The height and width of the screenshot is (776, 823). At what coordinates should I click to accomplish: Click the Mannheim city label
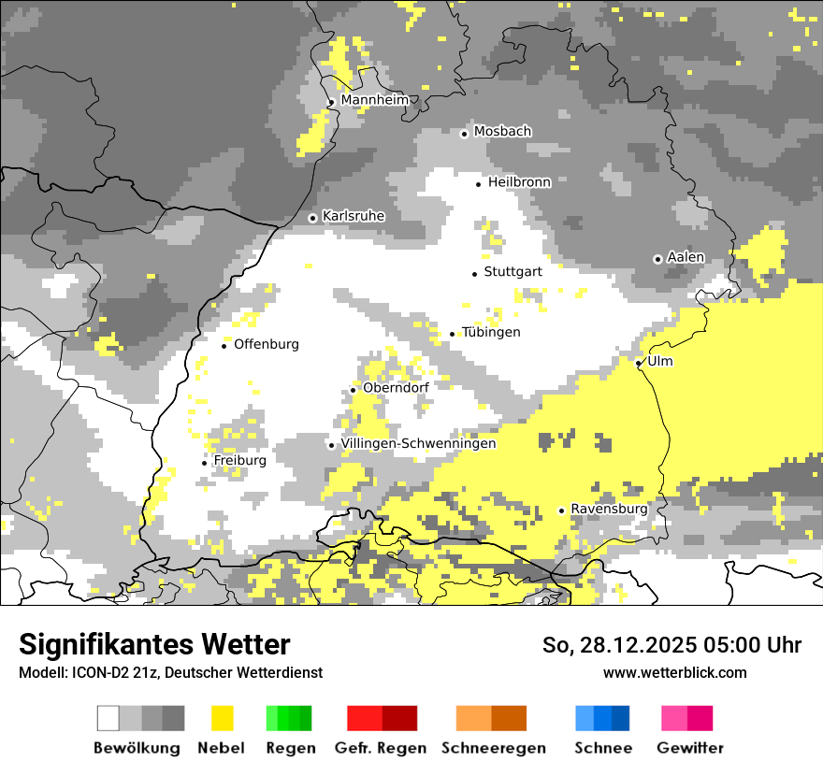(x=375, y=100)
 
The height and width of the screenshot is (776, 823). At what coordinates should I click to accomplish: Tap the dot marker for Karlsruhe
(x=313, y=218)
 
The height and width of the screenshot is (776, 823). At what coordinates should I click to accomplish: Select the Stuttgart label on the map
(x=513, y=272)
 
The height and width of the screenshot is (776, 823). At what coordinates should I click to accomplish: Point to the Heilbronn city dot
(x=479, y=184)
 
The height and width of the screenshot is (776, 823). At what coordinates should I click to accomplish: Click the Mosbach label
(x=502, y=132)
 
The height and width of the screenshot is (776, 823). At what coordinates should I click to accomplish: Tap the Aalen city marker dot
(x=657, y=259)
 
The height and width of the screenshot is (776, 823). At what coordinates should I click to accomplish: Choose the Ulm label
(x=660, y=361)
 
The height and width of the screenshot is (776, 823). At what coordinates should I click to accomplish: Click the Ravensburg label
(x=609, y=509)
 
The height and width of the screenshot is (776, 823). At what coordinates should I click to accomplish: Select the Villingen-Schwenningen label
(x=418, y=444)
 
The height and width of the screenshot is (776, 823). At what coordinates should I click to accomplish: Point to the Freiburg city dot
(x=205, y=463)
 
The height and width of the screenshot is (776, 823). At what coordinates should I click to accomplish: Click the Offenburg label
(x=267, y=344)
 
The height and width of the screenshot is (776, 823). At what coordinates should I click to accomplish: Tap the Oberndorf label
(x=396, y=387)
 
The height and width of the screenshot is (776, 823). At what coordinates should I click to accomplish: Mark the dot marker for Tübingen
(x=453, y=334)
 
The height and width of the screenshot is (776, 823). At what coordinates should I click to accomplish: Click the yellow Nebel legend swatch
(x=223, y=718)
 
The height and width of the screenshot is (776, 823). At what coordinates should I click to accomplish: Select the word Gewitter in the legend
(x=690, y=748)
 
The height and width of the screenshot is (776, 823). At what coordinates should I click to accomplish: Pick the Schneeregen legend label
(x=494, y=748)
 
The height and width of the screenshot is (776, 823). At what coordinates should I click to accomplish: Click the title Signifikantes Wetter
(x=154, y=645)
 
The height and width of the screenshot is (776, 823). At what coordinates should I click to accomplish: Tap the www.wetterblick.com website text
(x=674, y=673)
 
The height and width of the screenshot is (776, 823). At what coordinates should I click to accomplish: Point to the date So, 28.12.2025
(x=619, y=645)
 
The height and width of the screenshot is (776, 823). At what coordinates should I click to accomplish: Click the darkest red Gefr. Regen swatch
(x=399, y=718)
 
